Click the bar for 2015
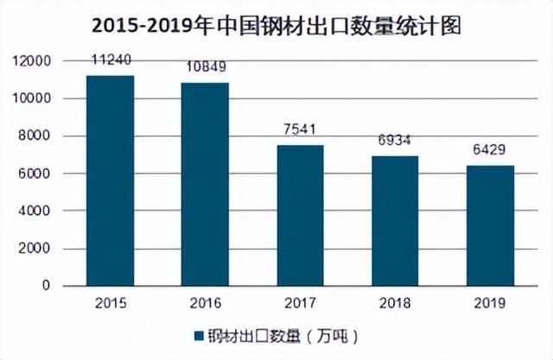coord(110,180)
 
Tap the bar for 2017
coord(299,215)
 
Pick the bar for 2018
coord(394,221)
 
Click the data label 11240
coord(110,61)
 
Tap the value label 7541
coord(299,131)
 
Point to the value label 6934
coord(394,142)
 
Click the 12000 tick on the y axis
coord(34,61)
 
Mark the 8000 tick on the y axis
coord(37,136)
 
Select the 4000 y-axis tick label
coord(37,211)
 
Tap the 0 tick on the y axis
coord(47,286)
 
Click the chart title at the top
coord(276,26)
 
